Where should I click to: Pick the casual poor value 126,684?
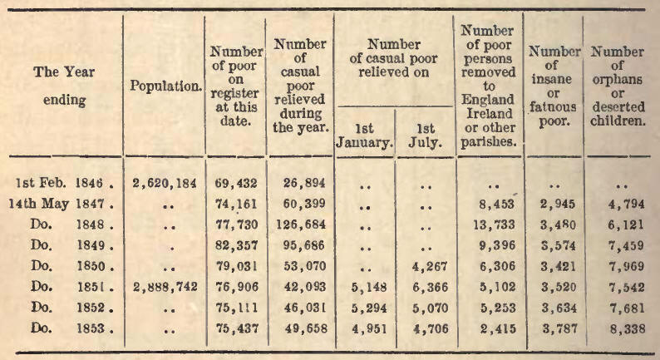[x=299, y=224]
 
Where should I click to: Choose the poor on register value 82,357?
[x=235, y=246]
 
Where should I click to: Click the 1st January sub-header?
[x=363, y=135]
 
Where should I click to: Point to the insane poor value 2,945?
[x=553, y=203]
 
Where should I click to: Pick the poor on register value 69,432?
[x=235, y=181]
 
